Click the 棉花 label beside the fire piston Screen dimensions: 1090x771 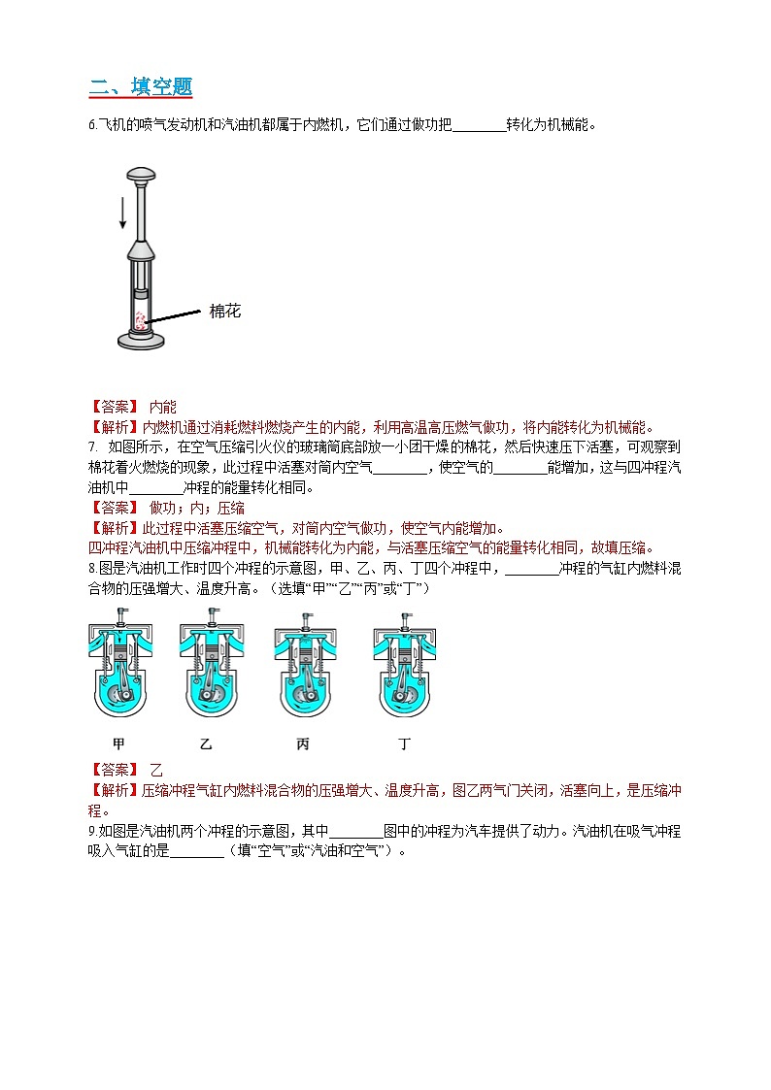coord(224,312)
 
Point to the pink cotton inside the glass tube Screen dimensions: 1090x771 coord(141,319)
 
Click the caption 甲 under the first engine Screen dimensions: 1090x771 coord(119,744)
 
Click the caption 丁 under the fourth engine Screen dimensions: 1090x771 coord(405,744)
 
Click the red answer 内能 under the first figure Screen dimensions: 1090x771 coord(163,408)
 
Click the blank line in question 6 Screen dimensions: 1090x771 coord(479,126)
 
